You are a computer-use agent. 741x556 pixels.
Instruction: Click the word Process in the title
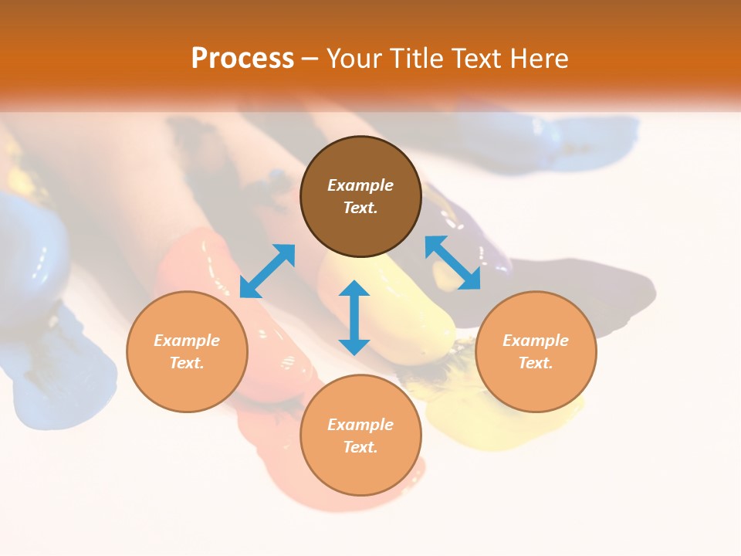[242, 59]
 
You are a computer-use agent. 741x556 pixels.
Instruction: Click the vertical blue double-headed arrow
[354, 317]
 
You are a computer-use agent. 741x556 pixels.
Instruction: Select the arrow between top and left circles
[267, 271]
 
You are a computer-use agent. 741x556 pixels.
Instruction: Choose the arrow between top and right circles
[452, 263]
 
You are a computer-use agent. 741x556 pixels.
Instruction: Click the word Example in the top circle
[360, 185]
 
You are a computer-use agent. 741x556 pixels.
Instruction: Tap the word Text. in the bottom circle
[360, 447]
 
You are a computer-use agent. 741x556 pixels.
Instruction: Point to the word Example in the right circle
[536, 341]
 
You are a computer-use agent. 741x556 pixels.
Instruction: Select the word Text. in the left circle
[187, 363]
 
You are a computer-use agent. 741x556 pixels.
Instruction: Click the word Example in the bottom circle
[360, 425]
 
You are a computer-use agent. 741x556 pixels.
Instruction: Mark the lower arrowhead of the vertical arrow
[354, 345]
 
